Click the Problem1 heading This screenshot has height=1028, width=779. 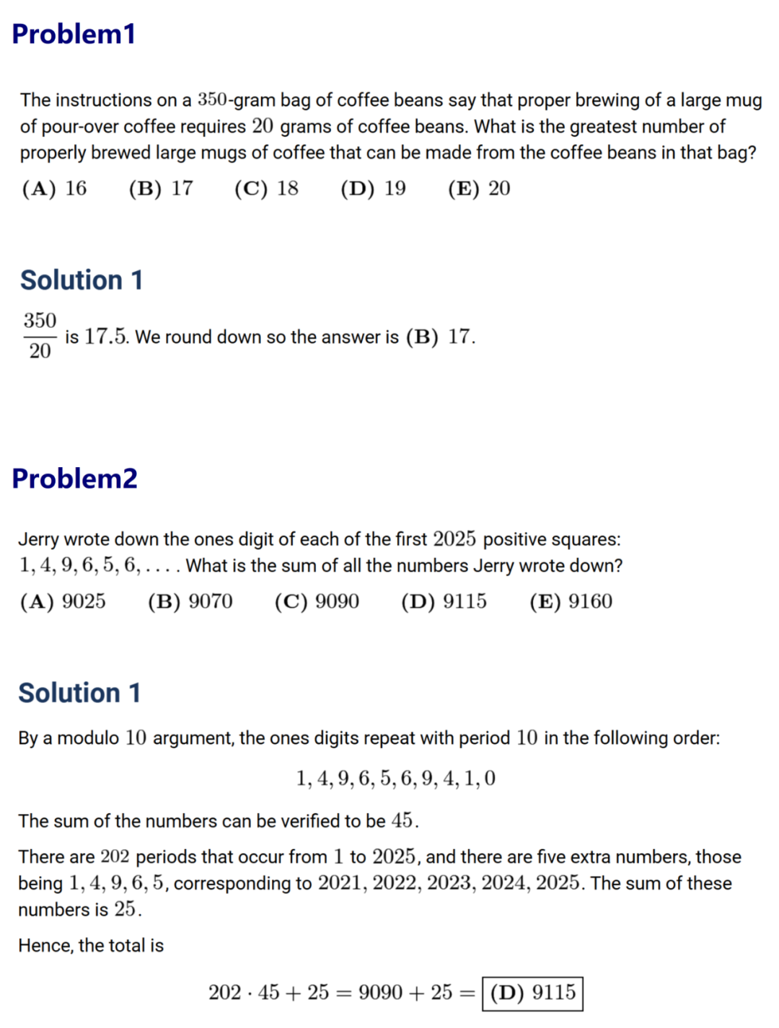pyautogui.click(x=74, y=34)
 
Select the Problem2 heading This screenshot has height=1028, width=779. pyautogui.click(x=74, y=479)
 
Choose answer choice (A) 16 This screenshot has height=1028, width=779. pyautogui.click(x=54, y=189)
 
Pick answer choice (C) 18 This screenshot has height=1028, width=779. pyautogui.click(x=266, y=189)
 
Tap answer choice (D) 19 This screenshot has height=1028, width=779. pyautogui.click(x=373, y=189)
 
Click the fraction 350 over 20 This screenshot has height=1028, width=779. pyautogui.click(x=40, y=336)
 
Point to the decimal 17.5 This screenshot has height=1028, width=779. pyautogui.click(x=106, y=337)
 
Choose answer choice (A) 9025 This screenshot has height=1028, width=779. pyautogui.click(x=63, y=602)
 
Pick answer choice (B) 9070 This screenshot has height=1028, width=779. pyautogui.click(x=190, y=602)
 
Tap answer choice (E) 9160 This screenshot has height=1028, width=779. pyautogui.click(x=571, y=602)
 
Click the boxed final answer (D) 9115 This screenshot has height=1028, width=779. pyautogui.click(x=533, y=993)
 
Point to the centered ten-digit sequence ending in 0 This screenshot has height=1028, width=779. pyautogui.click(x=395, y=779)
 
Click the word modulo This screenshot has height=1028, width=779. pyautogui.click(x=88, y=738)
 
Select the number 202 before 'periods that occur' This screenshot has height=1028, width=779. pyautogui.click(x=115, y=857)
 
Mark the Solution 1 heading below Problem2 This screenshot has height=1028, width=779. pyautogui.click(x=79, y=693)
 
